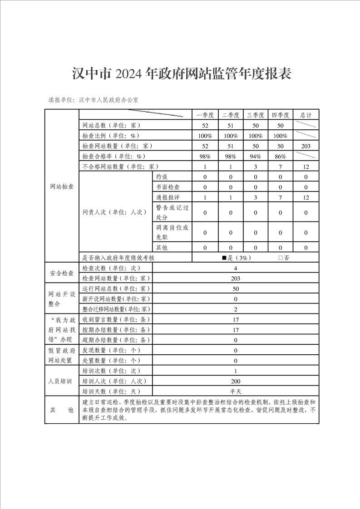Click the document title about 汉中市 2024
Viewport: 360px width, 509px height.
182,74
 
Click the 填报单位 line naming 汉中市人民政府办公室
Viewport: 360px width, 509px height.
94,99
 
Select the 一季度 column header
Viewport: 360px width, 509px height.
205,115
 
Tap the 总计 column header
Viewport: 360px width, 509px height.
306,115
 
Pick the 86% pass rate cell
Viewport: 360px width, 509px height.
281,157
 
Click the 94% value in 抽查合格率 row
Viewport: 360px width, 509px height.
256,157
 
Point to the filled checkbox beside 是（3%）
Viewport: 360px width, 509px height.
224,258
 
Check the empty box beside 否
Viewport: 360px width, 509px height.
281,258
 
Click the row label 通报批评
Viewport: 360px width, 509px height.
168,198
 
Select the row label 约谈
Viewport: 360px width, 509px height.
162,177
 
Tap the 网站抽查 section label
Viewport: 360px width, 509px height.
62,187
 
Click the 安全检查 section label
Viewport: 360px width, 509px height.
62,273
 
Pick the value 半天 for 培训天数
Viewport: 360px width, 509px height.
236,392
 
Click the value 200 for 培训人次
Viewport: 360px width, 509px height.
236,381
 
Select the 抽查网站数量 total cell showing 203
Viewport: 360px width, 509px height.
306,146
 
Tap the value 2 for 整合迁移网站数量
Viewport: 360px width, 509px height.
236,309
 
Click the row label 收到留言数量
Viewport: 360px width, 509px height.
113,319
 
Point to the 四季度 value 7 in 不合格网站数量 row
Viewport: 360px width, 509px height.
281,167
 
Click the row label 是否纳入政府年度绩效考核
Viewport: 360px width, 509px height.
118,258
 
